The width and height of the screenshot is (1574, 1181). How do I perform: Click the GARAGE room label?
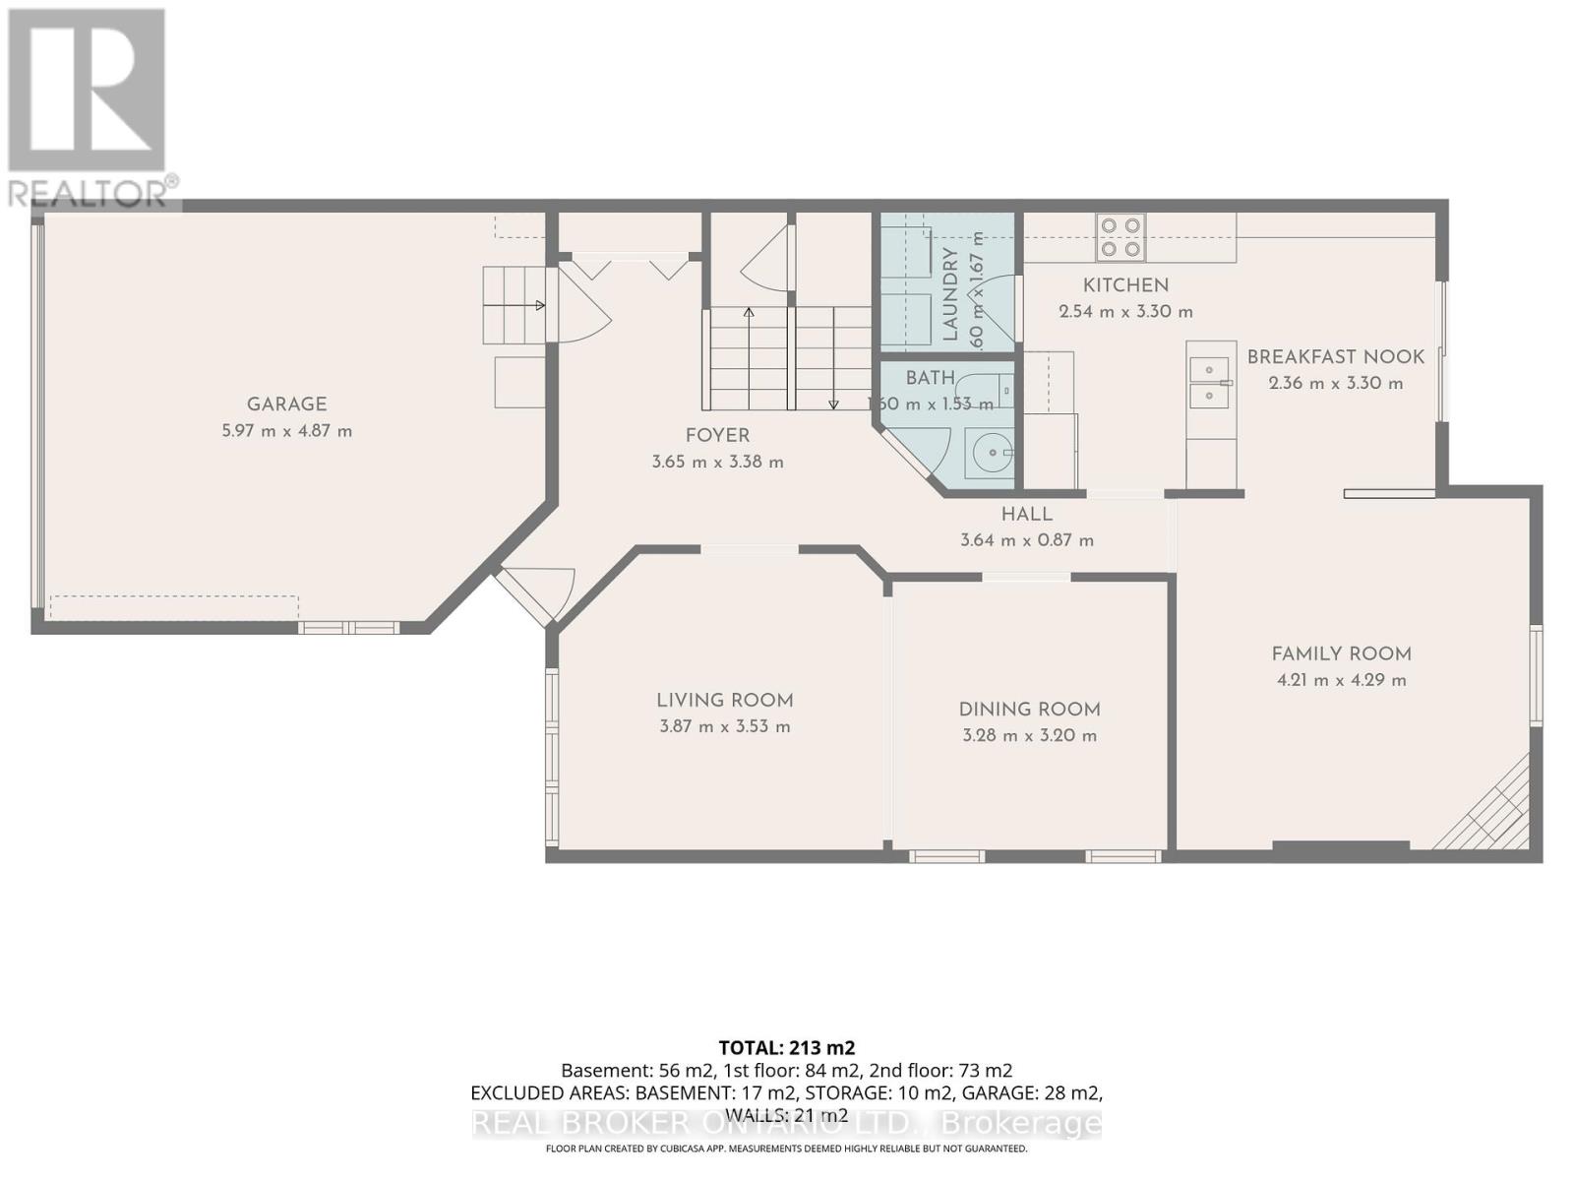[286, 404]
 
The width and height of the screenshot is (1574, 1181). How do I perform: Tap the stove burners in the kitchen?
[1121, 237]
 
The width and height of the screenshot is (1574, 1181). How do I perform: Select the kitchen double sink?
[1209, 383]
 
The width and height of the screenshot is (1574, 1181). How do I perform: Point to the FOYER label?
[717, 436]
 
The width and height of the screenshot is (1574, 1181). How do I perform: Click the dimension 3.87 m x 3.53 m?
[725, 727]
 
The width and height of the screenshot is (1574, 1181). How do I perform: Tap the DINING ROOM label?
[1029, 710]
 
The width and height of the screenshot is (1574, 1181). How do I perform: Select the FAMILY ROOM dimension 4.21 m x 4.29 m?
[1341, 680]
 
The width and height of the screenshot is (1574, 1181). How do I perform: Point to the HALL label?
[1026, 515]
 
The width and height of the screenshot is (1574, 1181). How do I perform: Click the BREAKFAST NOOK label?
[1335, 357]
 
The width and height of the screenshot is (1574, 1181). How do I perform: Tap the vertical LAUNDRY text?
[950, 294]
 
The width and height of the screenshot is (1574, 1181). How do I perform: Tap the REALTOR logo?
[89, 108]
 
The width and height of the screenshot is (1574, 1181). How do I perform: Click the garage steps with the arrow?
[514, 305]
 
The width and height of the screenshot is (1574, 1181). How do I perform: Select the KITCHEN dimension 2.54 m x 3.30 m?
[1125, 312]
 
